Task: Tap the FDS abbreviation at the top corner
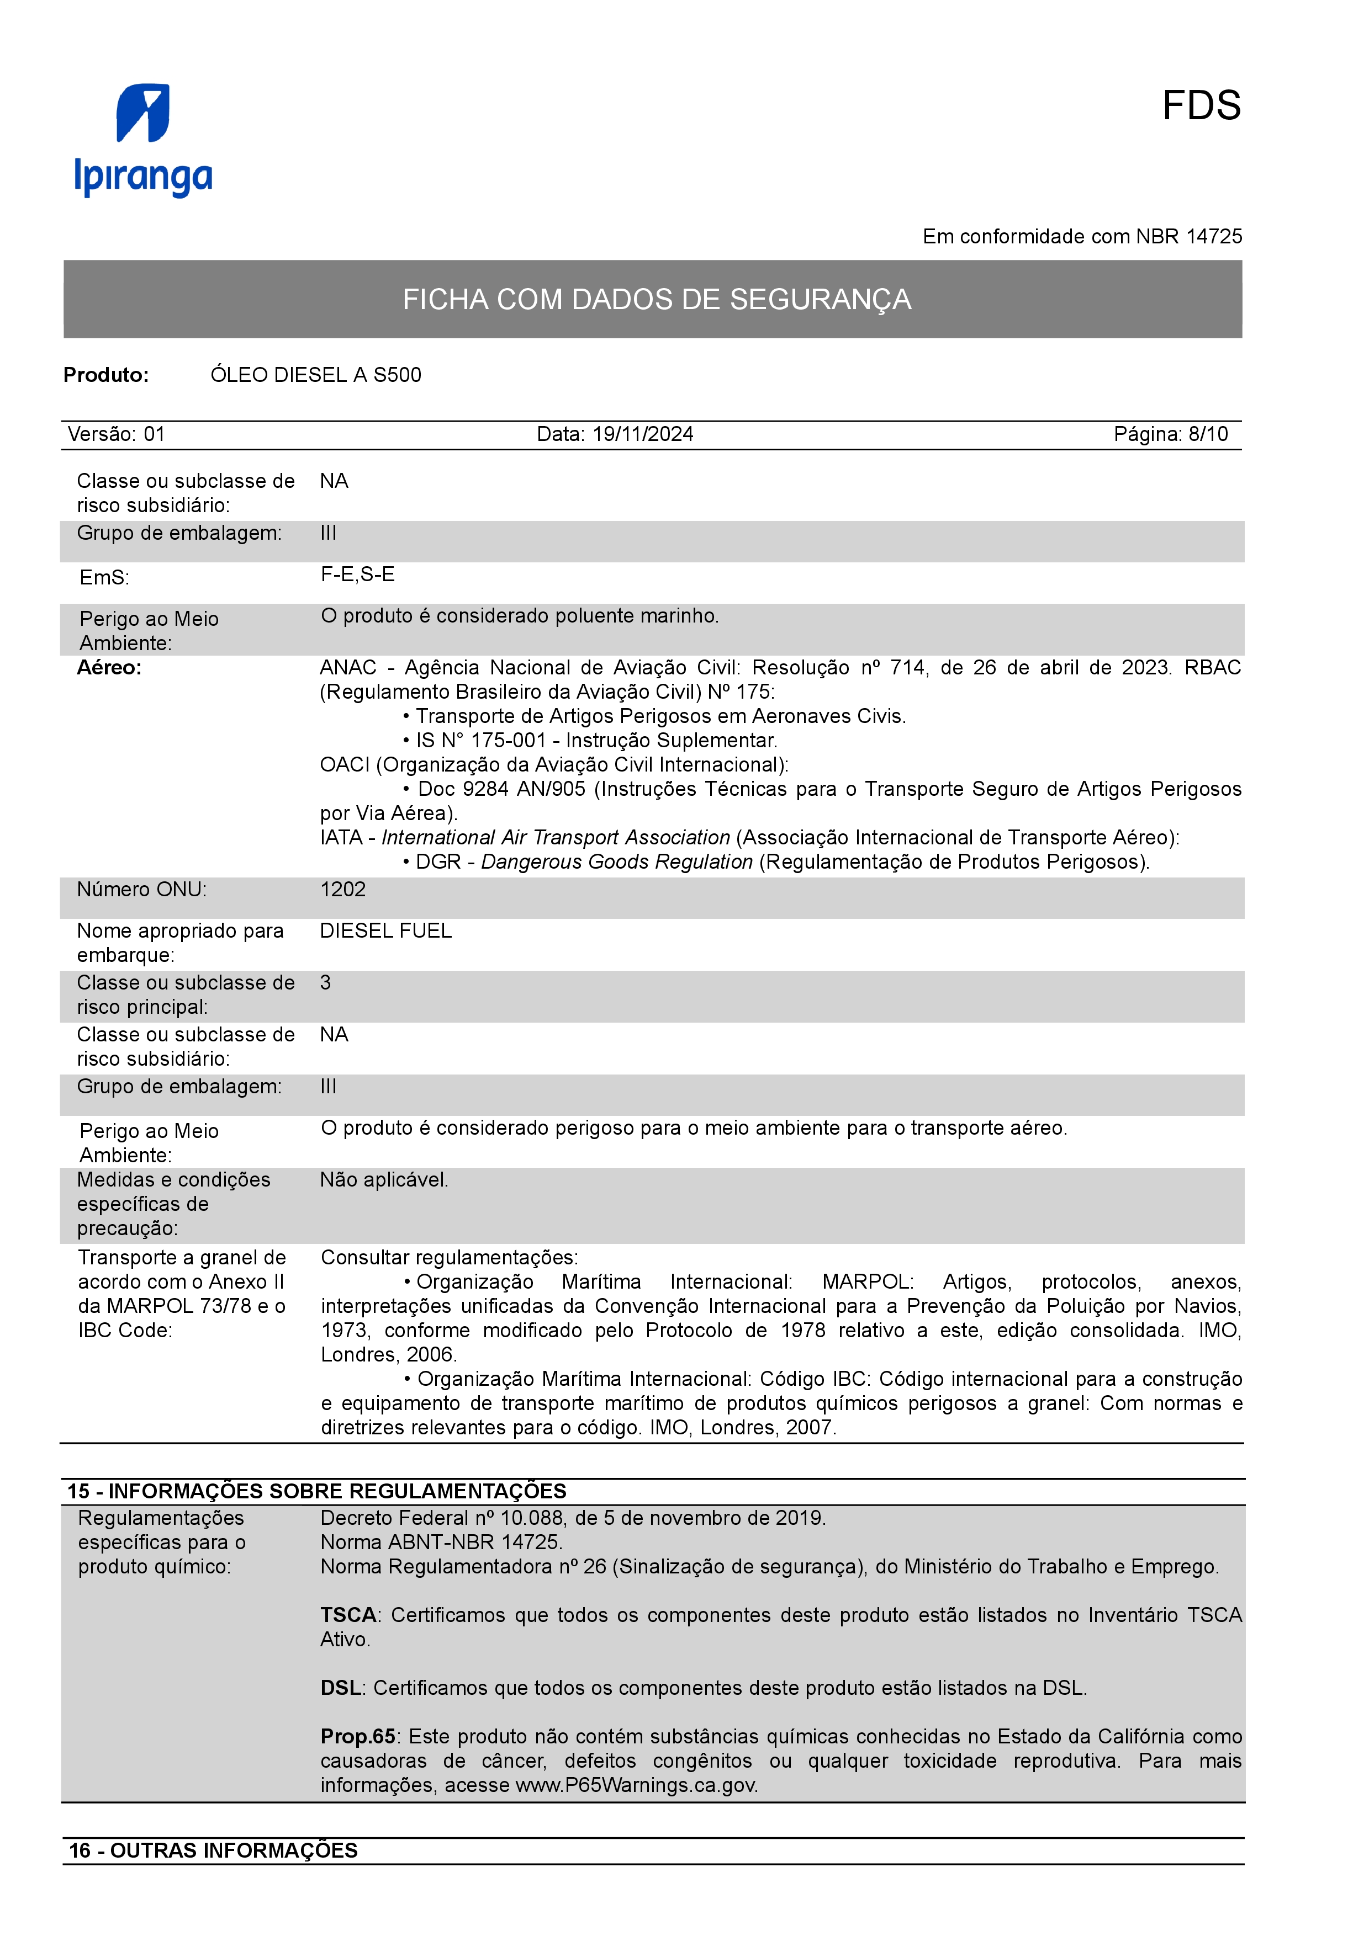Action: (1201, 107)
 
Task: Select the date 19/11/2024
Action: (643, 434)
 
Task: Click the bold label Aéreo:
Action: (110, 668)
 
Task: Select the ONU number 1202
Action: (343, 890)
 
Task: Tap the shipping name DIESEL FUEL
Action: (387, 931)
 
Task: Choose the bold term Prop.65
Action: (358, 1736)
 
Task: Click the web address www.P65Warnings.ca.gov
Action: (636, 1785)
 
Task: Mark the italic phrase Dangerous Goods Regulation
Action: (617, 861)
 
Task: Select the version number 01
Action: (155, 434)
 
